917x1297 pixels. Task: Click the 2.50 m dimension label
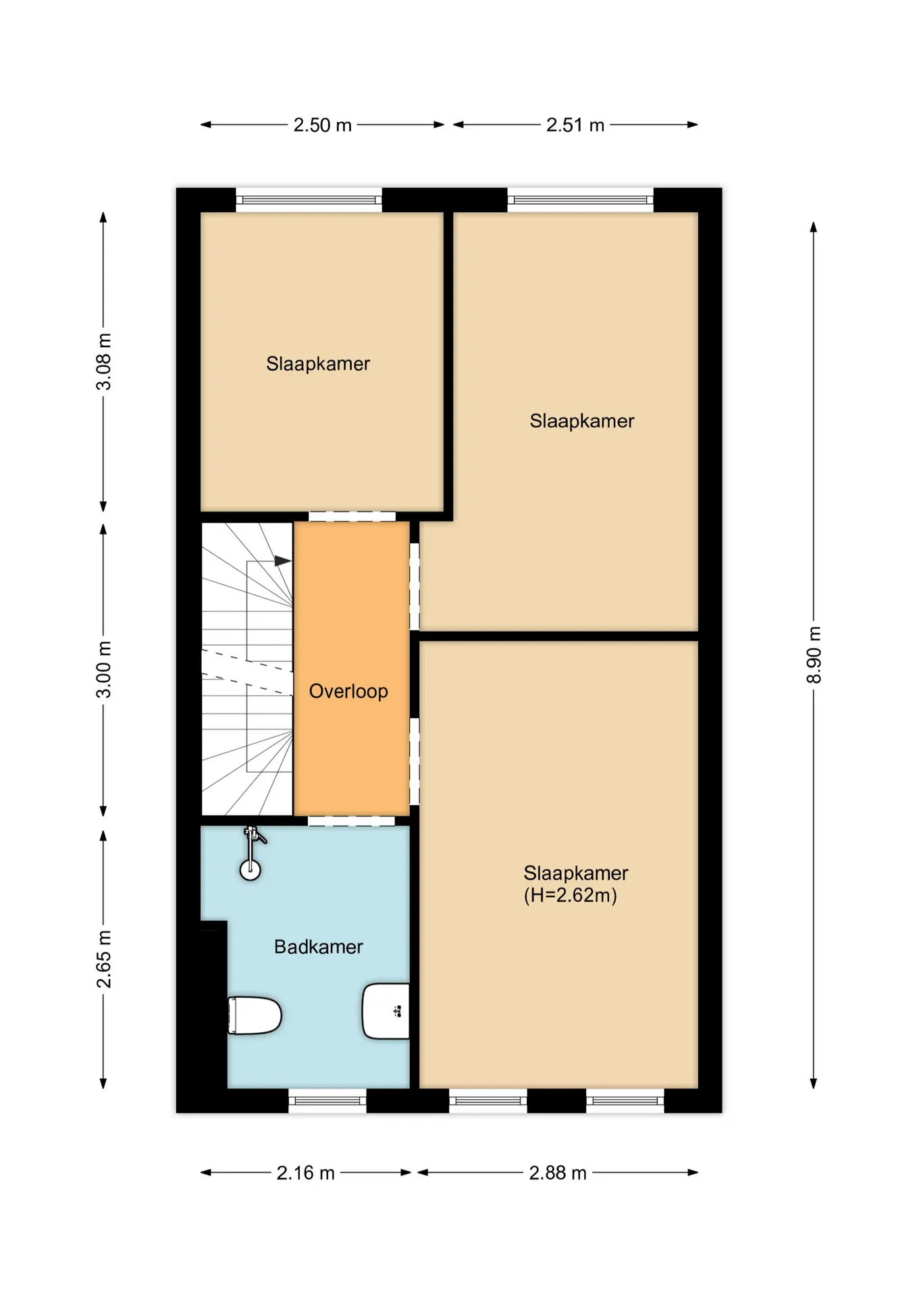[x=322, y=125]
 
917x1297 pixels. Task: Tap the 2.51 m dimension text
[x=575, y=125]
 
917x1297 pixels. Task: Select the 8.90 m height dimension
[x=814, y=655]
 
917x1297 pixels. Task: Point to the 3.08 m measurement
[x=104, y=361]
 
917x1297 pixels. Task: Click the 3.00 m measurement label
[x=104, y=669]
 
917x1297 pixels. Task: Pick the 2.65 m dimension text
[x=104, y=959]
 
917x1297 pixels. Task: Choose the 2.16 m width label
[x=305, y=1173]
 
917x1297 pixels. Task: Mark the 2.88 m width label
[x=558, y=1173]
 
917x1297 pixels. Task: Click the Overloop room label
[x=348, y=691]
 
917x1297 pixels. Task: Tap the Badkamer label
[x=318, y=946]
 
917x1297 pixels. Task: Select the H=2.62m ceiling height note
[x=571, y=895]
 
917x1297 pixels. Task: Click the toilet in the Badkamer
[x=255, y=1015]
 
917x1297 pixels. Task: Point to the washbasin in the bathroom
[x=386, y=1011]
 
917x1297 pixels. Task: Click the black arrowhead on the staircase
[x=283, y=561]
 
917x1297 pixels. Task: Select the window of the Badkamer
[x=327, y=1100]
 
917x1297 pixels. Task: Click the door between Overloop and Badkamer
[x=352, y=821]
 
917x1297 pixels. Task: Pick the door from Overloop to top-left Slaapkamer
[x=352, y=517]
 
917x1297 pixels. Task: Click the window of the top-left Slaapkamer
[x=309, y=200]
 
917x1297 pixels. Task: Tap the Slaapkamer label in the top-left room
[x=318, y=363]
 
